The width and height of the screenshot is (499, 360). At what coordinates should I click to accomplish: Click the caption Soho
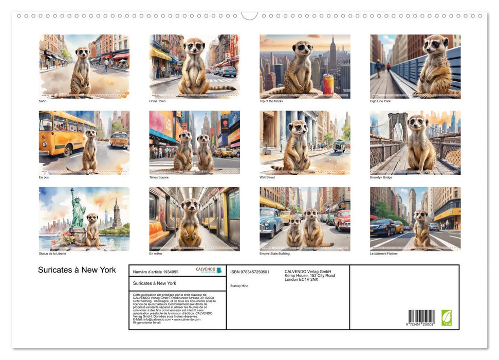43,101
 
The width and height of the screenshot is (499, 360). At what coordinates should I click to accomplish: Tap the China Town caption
157,101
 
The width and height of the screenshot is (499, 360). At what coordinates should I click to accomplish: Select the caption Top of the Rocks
271,101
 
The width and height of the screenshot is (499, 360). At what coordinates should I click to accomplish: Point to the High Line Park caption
380,101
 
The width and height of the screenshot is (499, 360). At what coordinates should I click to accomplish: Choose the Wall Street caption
267,177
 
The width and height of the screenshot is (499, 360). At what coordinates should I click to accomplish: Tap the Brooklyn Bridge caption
381,177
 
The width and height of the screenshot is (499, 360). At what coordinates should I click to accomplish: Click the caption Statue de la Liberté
52,254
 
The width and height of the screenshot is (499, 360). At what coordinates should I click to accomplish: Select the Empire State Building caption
274,254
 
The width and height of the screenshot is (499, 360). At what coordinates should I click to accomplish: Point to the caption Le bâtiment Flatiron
384,254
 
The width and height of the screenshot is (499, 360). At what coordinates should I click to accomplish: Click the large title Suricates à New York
77,270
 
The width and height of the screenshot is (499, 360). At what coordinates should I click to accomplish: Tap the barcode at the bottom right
421,317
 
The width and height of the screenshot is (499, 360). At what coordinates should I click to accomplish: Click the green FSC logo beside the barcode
447,317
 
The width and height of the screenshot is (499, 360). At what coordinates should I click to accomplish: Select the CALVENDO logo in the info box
209,270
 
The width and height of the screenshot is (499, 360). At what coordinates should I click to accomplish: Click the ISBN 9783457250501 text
250,272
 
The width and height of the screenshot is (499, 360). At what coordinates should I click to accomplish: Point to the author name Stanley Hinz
239,285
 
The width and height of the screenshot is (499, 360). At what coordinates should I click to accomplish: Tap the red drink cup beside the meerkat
327,84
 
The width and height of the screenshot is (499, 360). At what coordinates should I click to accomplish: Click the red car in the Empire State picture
342,220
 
